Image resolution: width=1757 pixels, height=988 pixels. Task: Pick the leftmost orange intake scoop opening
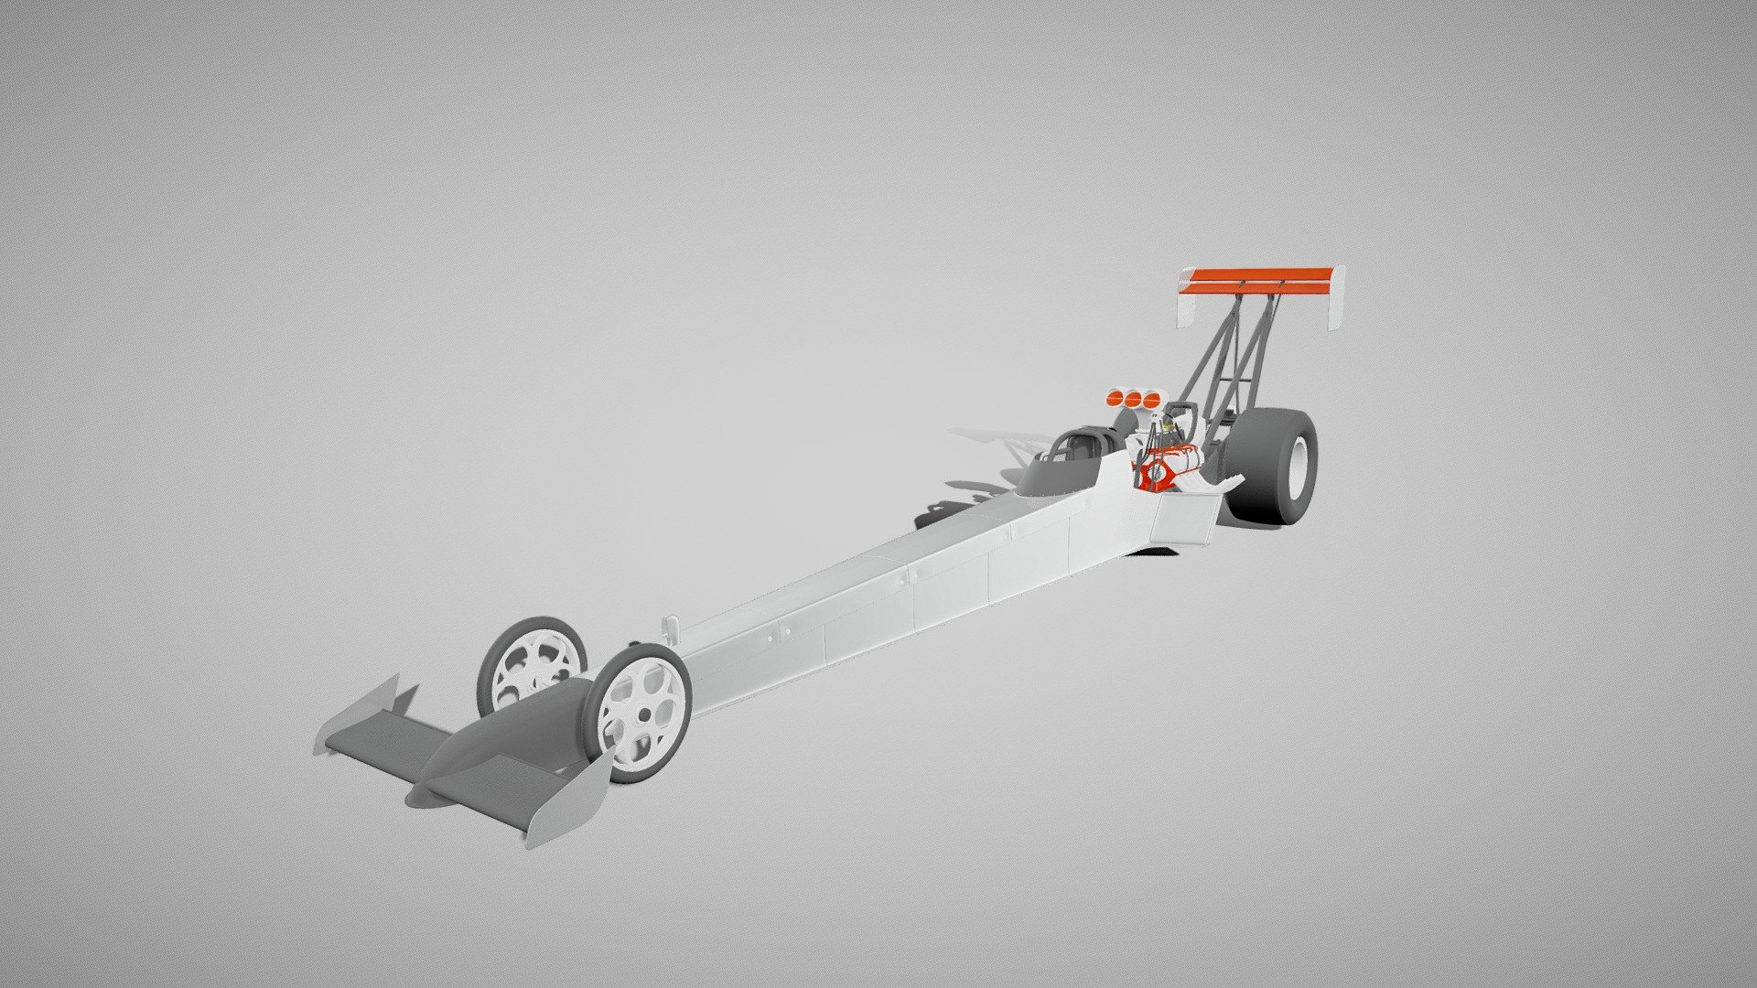(x=1116, y=398)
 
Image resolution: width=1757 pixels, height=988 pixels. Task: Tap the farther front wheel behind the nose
(x=531, y=663)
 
